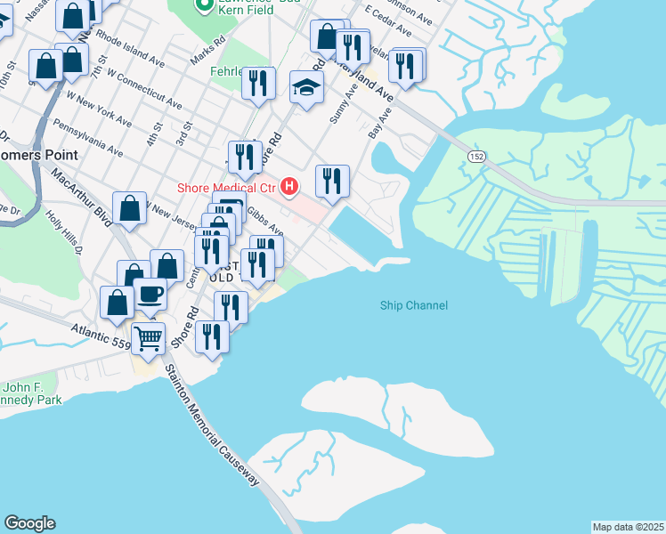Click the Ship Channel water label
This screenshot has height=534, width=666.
[x=413, y=305]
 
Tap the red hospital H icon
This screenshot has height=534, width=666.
[x=288, y=186]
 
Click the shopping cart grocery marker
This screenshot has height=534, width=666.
[x=148, y=337]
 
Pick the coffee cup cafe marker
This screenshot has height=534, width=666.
[x=150, y=293]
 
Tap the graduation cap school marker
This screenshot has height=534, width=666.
[x=306, y=87]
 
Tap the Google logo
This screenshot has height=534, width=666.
[x=29, y=523]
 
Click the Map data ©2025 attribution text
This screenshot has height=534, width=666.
[x=628, y=527]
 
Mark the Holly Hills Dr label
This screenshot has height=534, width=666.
[x=64, y=234]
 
